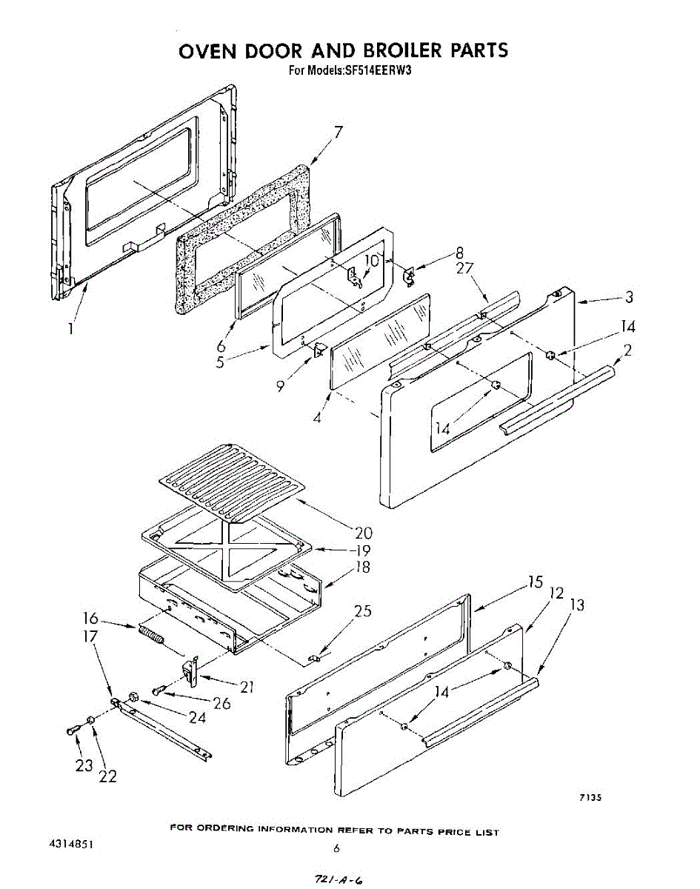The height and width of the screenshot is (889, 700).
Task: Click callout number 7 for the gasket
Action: (338, 133)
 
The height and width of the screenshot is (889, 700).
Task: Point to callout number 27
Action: (464, 268)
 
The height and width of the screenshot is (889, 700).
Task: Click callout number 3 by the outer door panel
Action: (628, 297)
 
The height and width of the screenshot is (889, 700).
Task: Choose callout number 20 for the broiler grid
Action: (363, 533)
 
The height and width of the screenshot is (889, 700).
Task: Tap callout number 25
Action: (363, 611)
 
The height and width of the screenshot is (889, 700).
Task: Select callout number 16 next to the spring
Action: (90, 617)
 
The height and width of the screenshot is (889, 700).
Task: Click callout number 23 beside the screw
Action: (83, 766)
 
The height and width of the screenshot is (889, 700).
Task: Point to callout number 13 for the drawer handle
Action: (577, 605)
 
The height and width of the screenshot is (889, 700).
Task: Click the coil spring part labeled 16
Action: (150, 636)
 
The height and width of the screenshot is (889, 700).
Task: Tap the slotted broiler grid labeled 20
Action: (232, 479)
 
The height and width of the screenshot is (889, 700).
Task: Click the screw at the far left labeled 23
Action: (71, 730)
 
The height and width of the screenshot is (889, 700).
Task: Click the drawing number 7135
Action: (590, 798)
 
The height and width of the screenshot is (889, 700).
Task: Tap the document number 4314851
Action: (73, 845)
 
